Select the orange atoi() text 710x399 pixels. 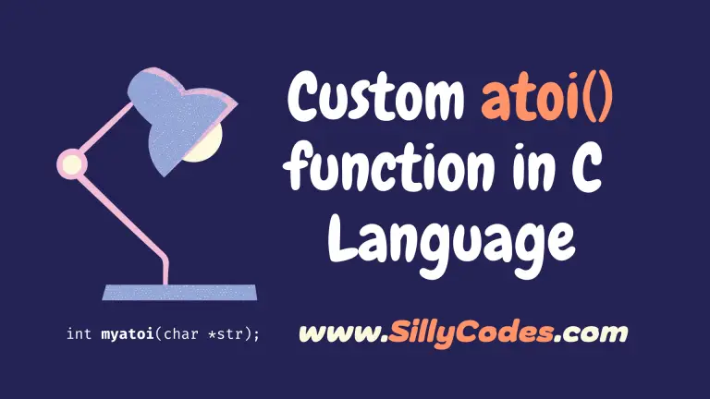click(x=547, y=97)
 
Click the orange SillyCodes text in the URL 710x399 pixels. click(x=471, y=333)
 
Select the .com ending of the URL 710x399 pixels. click(x=591, y=333)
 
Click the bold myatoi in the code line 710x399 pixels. click(x=128, y=334)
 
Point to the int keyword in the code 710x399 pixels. click(x=79, y=333)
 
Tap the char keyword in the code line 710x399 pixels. click(x=180, y=333)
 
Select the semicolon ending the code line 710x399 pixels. click(x=257, y=335)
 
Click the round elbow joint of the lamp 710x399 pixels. click(x=71, y=163)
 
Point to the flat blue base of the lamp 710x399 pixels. click(x=179, y=292)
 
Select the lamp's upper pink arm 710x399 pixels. click(x=107, y=128)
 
